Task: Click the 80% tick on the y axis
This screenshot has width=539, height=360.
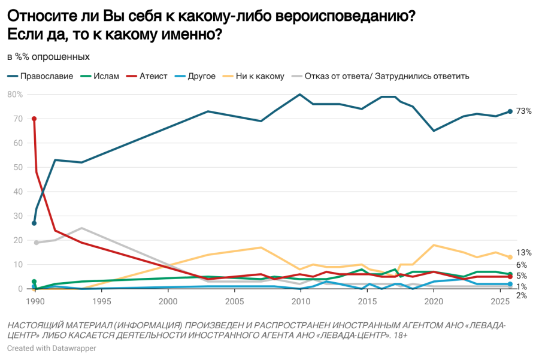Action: coord(15,95)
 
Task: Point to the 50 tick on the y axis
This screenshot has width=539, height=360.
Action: coord(18,168)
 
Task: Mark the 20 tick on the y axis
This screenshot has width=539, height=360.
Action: coord(18,240)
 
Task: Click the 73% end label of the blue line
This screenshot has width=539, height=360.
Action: coord(524,111)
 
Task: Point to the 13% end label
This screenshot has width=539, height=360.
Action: coord(524,253)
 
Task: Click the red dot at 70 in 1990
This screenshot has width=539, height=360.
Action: coord(34,119)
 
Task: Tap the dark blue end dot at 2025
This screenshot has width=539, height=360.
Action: coord(510,111)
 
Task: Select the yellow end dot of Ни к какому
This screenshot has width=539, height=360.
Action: coord(510,257)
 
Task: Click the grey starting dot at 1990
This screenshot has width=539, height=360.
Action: coord(36,243)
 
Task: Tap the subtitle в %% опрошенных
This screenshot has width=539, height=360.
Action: coord(49,57)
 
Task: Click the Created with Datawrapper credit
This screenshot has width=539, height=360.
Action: coord(52,348)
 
